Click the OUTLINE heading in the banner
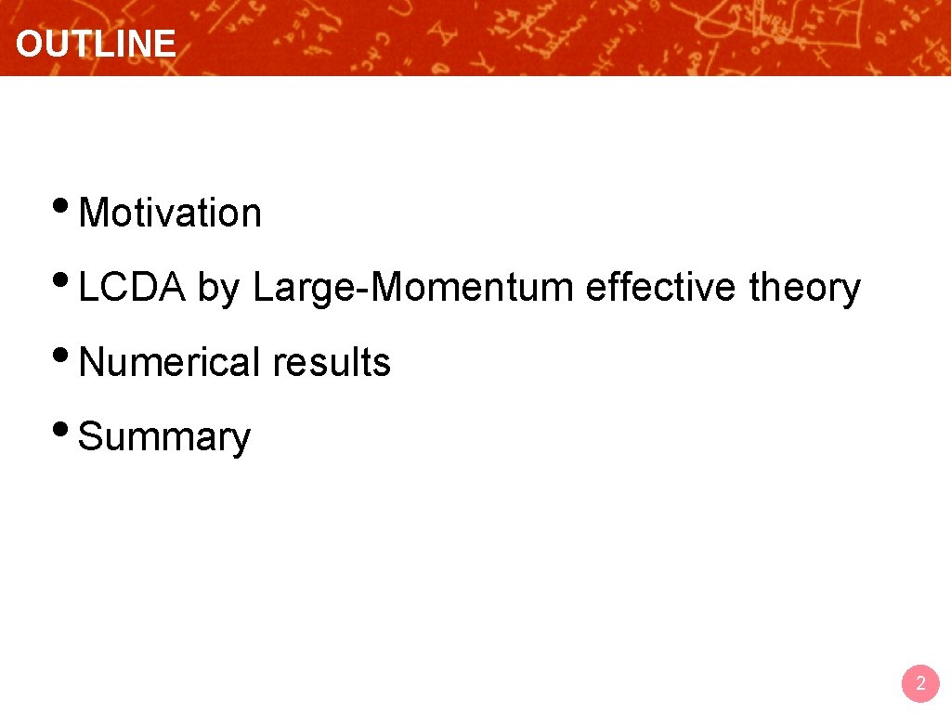coord(96,44)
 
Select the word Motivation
coord(170,214)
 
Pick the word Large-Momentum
coord(413,289)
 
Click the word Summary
coord(164,437)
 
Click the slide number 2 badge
coord(920,684)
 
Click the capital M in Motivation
coord(93,214)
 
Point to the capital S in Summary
coord(90,436)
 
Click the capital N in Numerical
coord(91,362)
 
